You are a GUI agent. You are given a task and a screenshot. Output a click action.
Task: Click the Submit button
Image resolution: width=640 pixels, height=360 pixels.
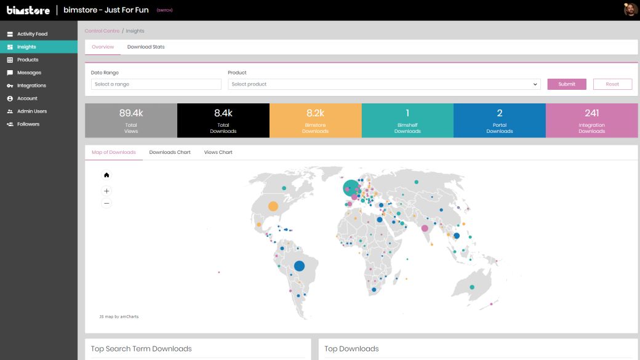tap(567, 84)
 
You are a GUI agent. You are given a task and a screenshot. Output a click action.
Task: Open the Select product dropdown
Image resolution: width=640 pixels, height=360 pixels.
tap(384, 84)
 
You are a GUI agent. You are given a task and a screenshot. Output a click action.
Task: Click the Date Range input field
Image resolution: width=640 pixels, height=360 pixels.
tap(156, 84)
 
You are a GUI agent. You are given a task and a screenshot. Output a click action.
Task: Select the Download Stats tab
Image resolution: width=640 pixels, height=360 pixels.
tap(146, 47)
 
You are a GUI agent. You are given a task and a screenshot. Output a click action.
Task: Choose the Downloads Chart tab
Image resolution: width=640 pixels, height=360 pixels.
tap(170, 152)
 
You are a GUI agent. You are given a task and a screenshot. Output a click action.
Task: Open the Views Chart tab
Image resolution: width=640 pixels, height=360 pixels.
tap(218, 152)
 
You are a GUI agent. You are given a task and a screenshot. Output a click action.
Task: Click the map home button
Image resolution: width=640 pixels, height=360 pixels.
tap(106, 175)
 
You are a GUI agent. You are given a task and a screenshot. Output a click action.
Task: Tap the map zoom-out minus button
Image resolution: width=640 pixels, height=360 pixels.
tap(106, 203)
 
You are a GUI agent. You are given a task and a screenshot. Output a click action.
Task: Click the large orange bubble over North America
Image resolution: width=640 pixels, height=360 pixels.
tap(273, 206)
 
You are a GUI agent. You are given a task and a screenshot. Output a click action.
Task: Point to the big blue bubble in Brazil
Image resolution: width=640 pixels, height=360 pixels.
tap(299, 266)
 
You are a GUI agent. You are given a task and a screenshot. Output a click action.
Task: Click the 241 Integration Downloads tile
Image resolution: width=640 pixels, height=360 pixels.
tap(592, 121)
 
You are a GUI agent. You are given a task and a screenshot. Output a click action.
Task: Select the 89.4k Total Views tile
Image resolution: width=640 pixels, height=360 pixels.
tap(131, 121)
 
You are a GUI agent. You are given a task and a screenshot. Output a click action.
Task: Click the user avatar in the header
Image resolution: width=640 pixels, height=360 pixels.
tap(630, 9)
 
